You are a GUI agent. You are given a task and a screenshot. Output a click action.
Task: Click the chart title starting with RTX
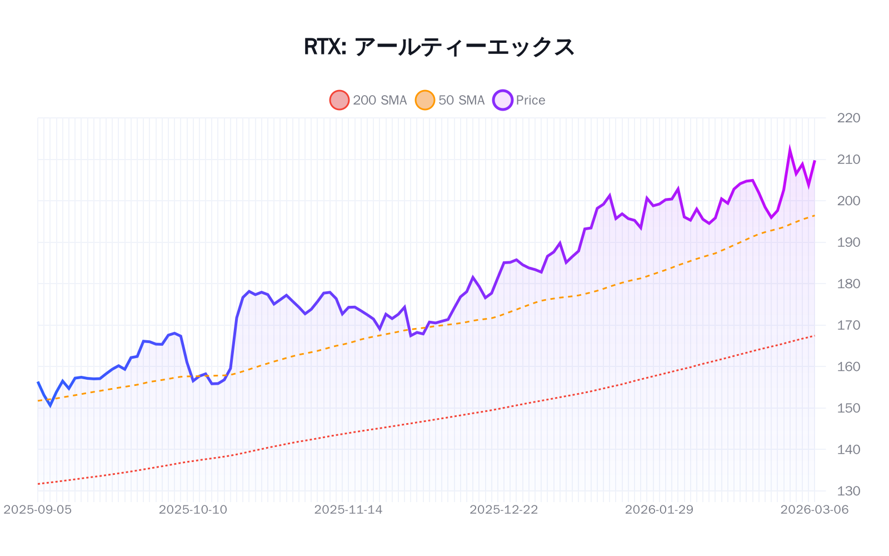439,47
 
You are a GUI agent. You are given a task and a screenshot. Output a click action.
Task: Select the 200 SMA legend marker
339,100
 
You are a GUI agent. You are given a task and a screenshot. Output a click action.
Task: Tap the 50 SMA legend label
461,100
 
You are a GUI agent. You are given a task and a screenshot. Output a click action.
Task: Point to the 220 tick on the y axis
848,118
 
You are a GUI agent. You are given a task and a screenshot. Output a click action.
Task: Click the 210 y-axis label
848,160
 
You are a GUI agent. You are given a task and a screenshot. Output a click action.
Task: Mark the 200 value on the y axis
848,201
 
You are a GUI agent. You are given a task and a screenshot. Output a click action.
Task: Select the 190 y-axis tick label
848,242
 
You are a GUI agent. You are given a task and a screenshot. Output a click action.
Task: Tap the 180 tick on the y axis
848,284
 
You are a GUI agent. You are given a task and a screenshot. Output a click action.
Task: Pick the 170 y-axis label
848,325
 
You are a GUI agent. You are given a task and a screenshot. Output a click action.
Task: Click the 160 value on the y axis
848,366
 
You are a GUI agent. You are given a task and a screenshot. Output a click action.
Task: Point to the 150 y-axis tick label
848,408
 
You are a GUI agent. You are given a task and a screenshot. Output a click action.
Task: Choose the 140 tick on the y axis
848,449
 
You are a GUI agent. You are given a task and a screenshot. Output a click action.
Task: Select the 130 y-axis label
848,491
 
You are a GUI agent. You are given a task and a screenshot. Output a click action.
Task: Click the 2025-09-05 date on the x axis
38,510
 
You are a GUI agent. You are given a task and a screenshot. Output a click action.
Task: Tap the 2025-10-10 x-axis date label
193,510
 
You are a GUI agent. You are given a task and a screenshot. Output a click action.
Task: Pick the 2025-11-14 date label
348,510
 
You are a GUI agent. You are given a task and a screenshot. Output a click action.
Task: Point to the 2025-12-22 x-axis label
504,510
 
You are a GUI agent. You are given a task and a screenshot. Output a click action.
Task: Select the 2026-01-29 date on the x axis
659,510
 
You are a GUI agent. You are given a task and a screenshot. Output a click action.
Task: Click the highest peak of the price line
790,150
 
